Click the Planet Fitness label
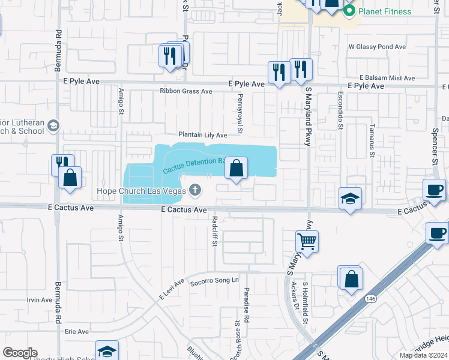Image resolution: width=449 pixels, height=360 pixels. (x=385, y=11)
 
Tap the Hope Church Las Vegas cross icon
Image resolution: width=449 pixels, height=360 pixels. (x=194, y=191)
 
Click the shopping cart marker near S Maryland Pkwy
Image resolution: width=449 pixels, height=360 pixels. (x=307, y=242)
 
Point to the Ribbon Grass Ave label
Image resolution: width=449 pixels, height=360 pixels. (x=186, y=91)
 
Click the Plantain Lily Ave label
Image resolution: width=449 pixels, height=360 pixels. (x=202, y=135)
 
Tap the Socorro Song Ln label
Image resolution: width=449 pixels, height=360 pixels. (x=215, y=280)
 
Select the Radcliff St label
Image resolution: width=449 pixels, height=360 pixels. (x=214, y=232)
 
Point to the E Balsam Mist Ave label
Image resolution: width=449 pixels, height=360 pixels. (x=387, y=78)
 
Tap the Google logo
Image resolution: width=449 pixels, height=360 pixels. (x=20, y=353)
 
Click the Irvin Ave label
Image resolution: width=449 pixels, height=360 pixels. (x=39, y=299)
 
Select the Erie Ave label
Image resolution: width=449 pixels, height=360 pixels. (x=76, y=331)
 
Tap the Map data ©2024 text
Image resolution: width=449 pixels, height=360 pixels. (x=423, y=355)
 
